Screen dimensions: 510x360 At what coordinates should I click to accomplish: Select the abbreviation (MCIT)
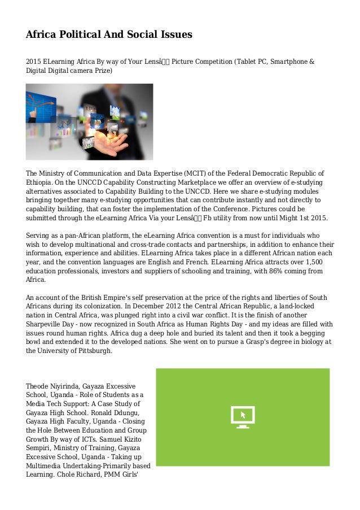[x=198, y=173]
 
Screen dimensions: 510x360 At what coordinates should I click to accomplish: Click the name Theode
[x=38, y=385]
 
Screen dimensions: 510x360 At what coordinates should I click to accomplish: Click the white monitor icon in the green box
[x=243, y=417]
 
